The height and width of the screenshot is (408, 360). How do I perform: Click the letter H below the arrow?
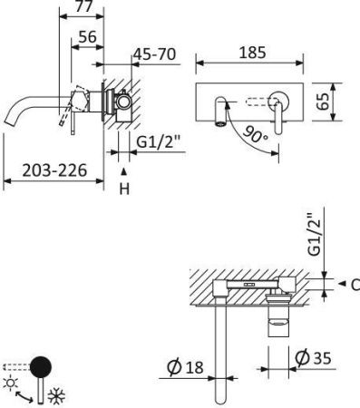125,189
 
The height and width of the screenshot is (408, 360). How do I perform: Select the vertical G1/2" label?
315,234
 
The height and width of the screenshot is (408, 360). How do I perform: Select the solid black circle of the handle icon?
42,366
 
